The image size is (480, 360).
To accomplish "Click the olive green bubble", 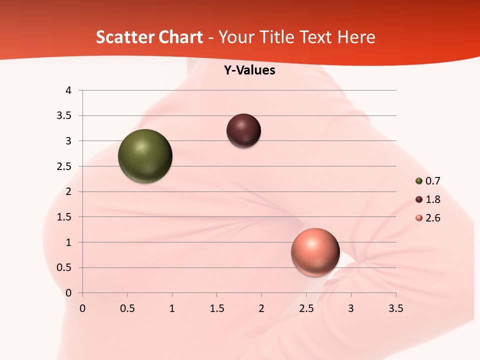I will (x=145, y=156).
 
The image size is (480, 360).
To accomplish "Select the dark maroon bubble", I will (x=243, y=130).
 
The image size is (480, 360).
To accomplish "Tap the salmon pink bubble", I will (x=315, y=252).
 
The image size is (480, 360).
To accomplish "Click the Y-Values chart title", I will (x=249, y=70).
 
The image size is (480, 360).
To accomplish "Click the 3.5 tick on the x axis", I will (x=395, y=308).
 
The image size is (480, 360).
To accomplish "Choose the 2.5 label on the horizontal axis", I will (x=306, y=308).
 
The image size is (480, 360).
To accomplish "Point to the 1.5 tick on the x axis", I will (x=216, y=308).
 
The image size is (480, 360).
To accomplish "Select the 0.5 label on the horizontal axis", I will (x=127, y=308).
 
